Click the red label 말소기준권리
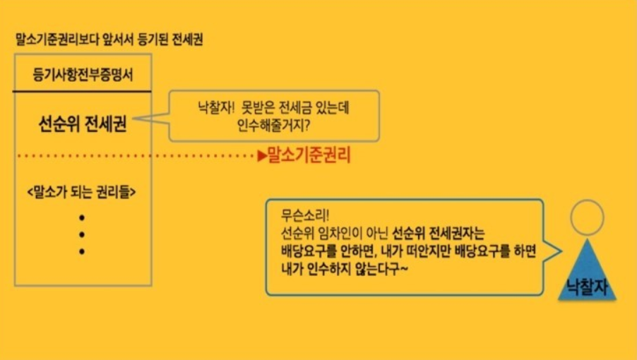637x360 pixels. pyautogui.click(x=309, y=156)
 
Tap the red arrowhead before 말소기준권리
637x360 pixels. pyautogui.click(x=261, y=155)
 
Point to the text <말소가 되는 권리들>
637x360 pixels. pyautogui.click(x=83, y=191)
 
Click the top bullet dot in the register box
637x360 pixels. pyautogui.click(x=82, y=217)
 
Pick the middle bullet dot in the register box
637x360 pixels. pyautogui.click(x=82, y=234)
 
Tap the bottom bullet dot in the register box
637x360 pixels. pyautogui.click(x=82, y=251)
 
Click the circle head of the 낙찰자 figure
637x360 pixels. pyautogui.click(x=587, y=219)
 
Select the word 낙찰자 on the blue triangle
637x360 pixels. pyautogui.click(x=587, y=286)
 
